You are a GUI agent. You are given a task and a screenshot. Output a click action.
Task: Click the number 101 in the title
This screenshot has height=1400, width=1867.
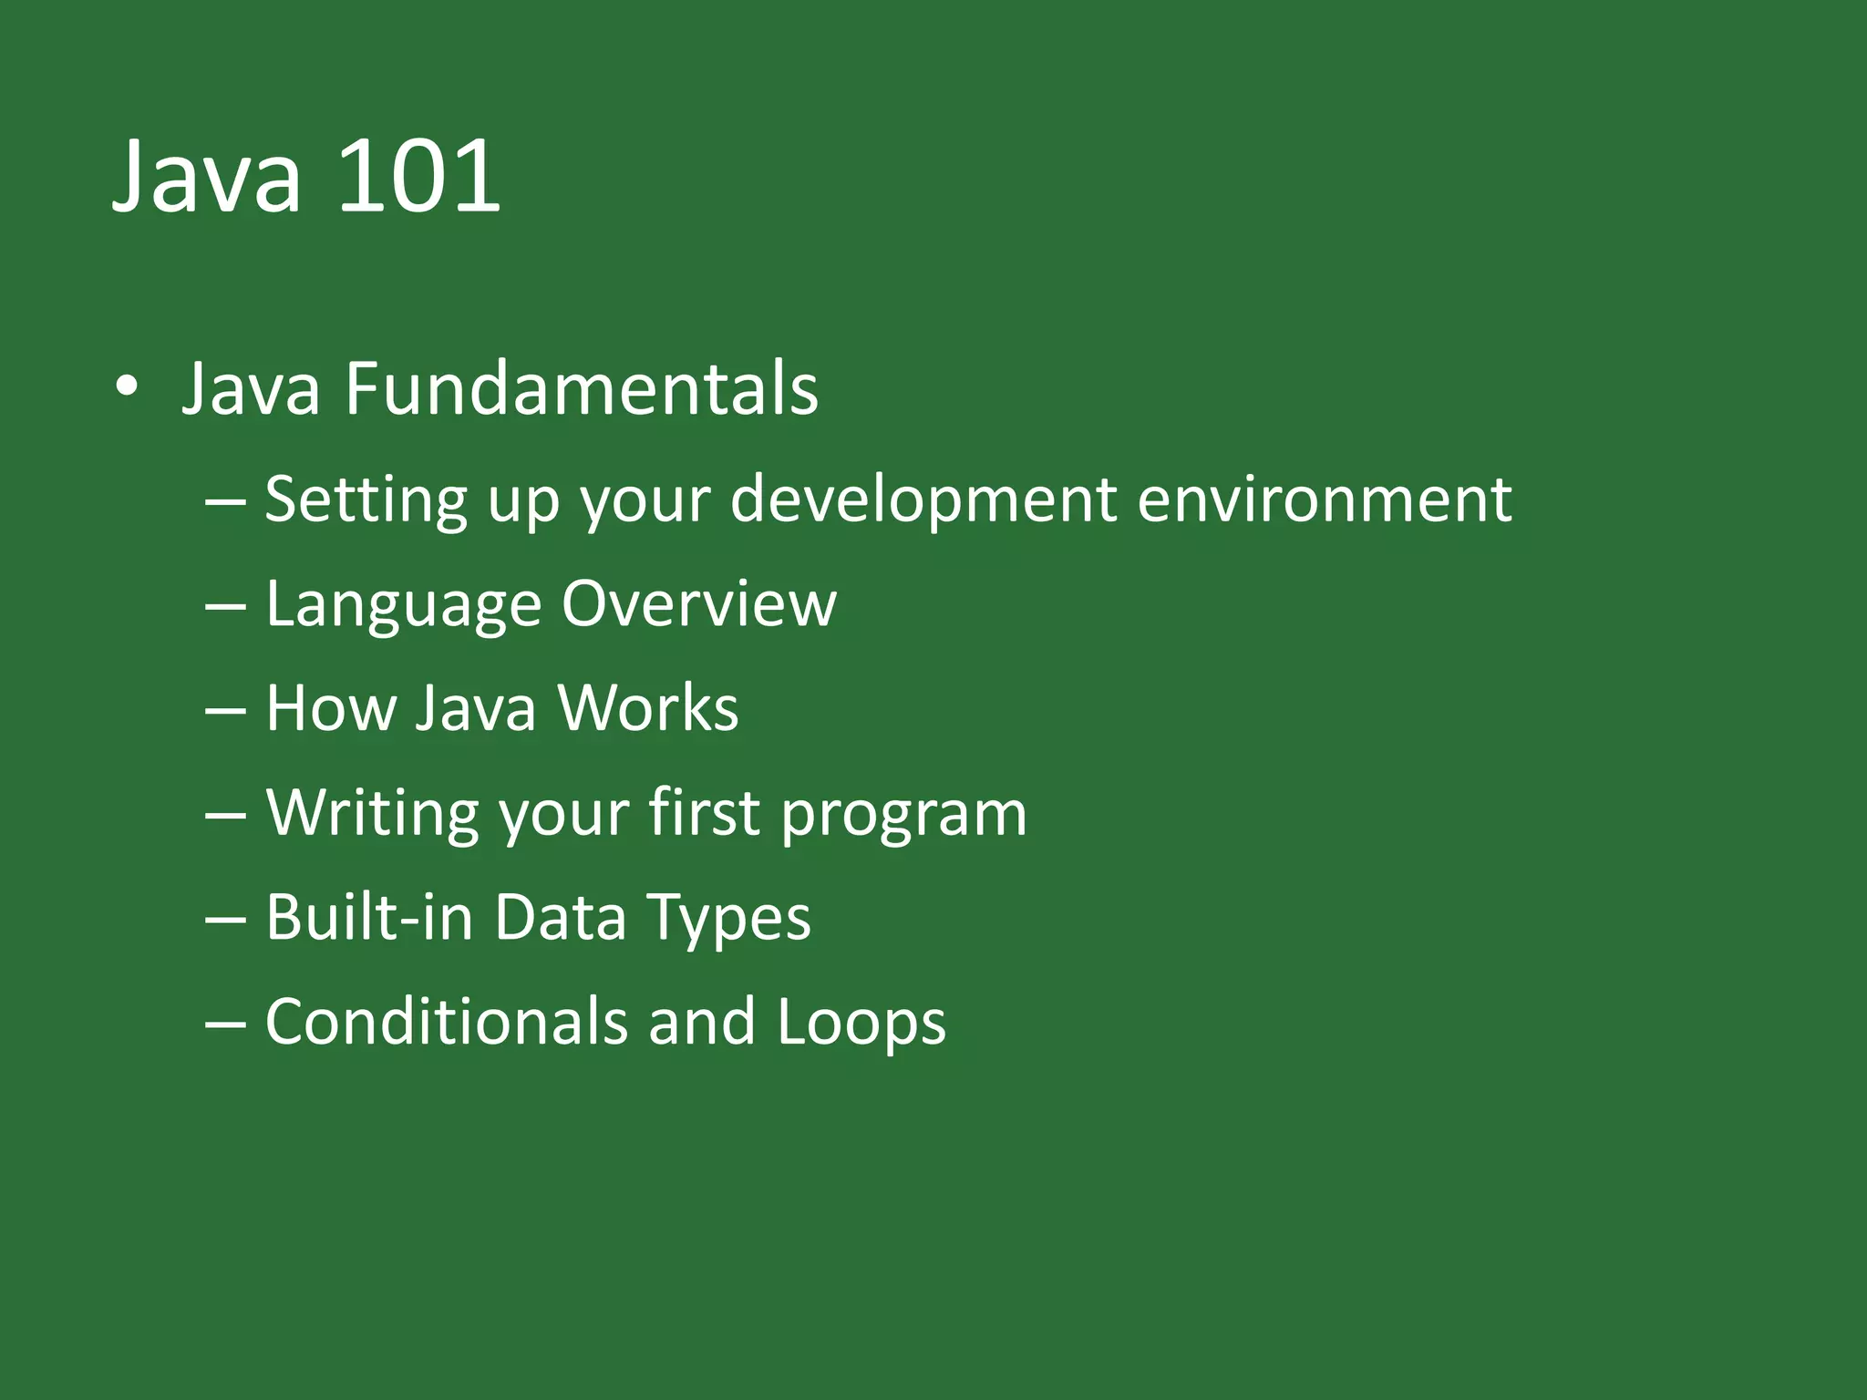[x=419, y=175]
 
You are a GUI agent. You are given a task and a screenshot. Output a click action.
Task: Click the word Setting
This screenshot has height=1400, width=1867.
[x=365, y=499]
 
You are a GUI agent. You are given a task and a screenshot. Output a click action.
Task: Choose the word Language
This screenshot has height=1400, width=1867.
[x=403, y=605]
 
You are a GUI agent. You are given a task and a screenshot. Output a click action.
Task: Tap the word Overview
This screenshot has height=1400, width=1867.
[x=698, y=603]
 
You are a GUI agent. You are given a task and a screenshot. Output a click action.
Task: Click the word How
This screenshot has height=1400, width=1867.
[x=329, y=708]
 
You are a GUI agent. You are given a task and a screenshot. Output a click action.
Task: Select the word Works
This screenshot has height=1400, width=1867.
[x=647, y=708]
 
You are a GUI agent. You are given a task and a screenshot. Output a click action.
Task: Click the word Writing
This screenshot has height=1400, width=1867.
[x=372, y=813]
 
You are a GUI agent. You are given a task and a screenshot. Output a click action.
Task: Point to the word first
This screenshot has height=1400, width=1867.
[x=704, y=811]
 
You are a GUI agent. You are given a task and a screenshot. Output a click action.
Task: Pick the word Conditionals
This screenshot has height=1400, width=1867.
[x=446, y=1022]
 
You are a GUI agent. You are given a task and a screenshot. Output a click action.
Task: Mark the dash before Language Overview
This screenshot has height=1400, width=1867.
[x=225, y=605]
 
